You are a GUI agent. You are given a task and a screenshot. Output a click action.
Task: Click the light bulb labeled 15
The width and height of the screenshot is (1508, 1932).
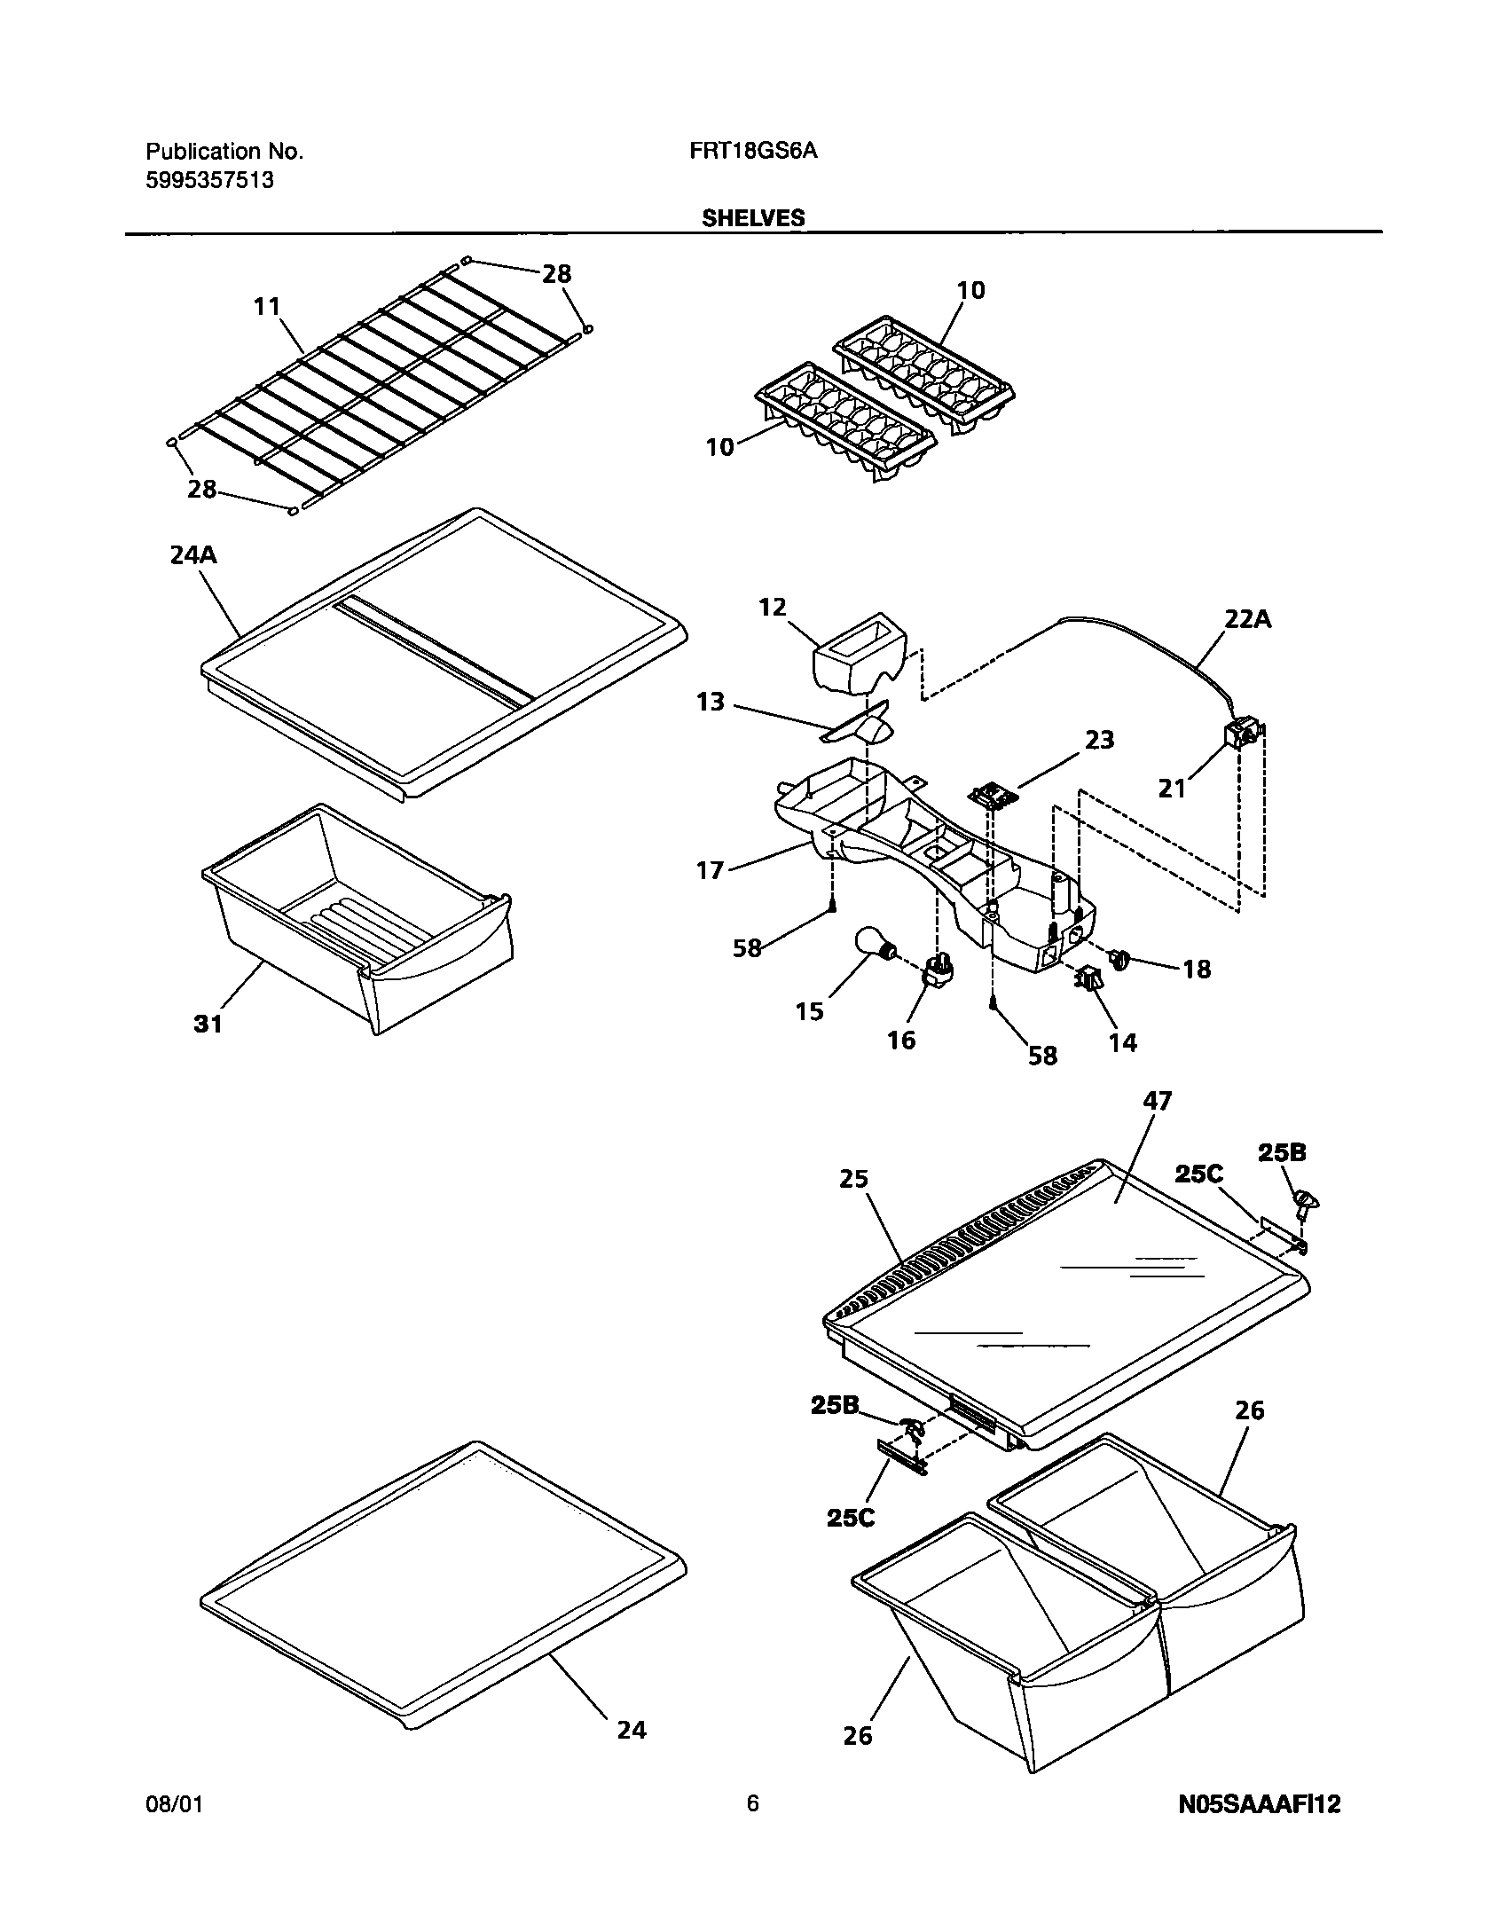pyautogui.click(x=872, y=944)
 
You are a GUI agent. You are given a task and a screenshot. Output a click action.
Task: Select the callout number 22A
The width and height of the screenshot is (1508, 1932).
pyautogui.click(x=1247, y=620)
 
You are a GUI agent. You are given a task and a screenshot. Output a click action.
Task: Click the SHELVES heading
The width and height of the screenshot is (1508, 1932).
pyautogui.click(x=753, y=218)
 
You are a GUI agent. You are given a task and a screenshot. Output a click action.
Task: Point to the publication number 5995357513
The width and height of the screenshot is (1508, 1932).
pyautogui.click(x=208, y=181)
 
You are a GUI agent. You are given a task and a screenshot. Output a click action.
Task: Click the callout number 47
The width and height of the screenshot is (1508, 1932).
pyautogui.click(x=1158, y=1101)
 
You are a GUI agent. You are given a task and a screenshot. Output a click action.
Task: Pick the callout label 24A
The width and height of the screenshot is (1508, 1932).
pyautogui.click(x=192, y=556)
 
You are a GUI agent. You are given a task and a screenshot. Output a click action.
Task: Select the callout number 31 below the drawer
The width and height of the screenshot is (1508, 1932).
pyautogui.click(x=208, y=1024)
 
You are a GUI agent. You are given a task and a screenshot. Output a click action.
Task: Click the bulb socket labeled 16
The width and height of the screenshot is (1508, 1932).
pyautogui.click(x=939, y=970)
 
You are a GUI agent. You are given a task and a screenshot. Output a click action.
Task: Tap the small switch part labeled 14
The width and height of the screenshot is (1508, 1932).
pyautogui.click(x=1088, y=978)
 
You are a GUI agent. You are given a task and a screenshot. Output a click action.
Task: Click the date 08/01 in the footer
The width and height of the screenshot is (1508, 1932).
pyautogui.click(x=174, y=1804)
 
